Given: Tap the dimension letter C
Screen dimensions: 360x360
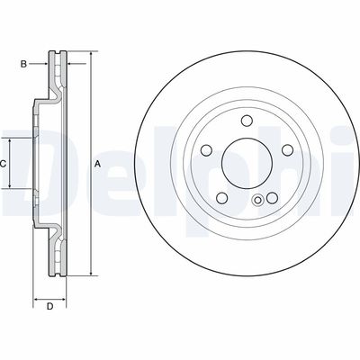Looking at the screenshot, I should pyautogui.click(x=4, y=164).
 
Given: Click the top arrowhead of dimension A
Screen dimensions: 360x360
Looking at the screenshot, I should pyautogui.click(x=91, y=56).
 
